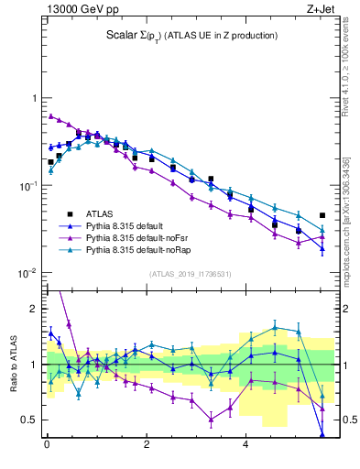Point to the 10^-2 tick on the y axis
pyautogui.click(x=27, y=273)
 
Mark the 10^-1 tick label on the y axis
pyautogui.click(x=27, y=186)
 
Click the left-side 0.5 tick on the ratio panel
pyautogui.click(x=32, y=420)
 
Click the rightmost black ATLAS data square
pyautogui.click(x=322, y=215)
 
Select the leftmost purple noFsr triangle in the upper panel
pyautogui.click(x=50, y=116)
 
